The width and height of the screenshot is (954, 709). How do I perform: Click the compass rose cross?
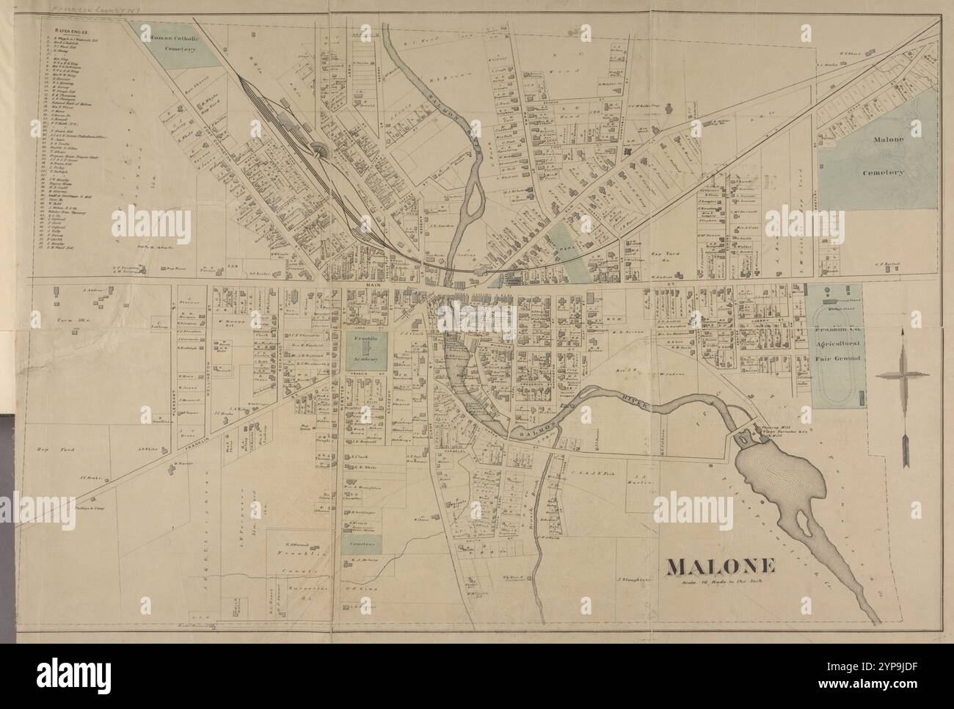point(906,374)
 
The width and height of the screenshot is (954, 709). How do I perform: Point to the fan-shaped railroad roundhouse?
point(321,152)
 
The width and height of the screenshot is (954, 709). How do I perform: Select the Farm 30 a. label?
point(68,321)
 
